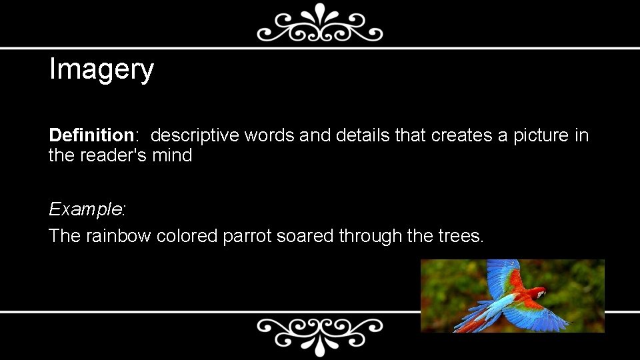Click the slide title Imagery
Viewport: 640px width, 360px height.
pos(101,69)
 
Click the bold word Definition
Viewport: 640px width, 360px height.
pos(91,135)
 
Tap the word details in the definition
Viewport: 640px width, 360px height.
pos(363,135)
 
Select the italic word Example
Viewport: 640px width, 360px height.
pos(86,209)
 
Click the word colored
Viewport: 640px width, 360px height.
pos(187,235)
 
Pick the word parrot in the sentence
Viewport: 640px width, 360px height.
pos(247,235)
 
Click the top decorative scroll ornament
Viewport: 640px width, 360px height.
pos(320,23)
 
